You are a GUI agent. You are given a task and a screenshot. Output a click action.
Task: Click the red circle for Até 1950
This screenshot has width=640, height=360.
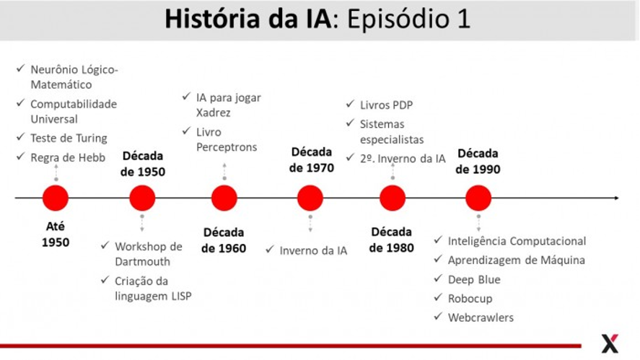(56, 198)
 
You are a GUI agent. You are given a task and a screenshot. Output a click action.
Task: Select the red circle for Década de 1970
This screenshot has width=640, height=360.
(310, 198)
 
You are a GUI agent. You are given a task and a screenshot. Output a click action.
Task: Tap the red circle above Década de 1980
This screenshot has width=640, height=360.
(393, 198)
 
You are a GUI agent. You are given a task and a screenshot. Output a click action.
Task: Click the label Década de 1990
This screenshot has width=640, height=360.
(478, 161)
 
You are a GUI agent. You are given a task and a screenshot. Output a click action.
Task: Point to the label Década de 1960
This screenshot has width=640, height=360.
(224, 240)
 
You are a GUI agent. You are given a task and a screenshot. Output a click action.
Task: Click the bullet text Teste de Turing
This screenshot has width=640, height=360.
(69, 138)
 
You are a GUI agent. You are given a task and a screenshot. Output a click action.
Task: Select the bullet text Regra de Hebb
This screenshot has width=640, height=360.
(68, 157)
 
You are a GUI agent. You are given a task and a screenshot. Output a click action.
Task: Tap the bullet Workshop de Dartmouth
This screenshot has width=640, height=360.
(148, 254)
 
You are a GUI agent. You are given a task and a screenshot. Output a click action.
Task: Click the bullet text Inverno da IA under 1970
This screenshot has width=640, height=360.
(313, 250)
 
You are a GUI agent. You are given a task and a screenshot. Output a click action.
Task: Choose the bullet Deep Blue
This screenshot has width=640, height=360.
(474, 280)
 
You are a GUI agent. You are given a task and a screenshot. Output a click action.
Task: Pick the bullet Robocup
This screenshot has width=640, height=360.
(470, 299)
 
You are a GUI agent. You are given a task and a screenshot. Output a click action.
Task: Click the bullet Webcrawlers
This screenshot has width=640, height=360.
(481, 317)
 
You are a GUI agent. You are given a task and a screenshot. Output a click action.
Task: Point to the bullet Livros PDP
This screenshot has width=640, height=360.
(386, 105)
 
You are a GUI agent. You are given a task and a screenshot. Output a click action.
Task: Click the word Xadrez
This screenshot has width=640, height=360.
(213, 113)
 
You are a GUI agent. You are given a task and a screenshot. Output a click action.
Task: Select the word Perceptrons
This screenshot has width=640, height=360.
(227, 147)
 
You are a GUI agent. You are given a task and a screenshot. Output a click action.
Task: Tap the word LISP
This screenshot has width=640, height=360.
(181, 296)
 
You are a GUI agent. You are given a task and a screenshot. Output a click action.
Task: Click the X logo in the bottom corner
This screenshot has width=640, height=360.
(610, 343)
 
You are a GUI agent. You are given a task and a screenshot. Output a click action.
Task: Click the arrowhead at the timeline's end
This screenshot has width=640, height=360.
(616, 198)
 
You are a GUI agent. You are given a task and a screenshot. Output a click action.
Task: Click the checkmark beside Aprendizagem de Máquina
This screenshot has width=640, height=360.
(438, 259)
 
